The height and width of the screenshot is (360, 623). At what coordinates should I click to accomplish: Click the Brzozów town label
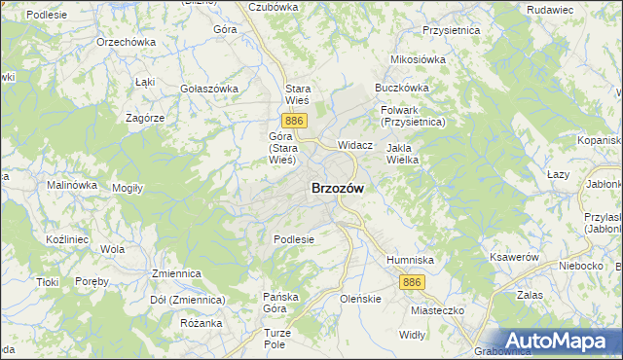(x=338, y=190)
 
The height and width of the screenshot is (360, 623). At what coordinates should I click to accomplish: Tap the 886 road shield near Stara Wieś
(x=297, y=120)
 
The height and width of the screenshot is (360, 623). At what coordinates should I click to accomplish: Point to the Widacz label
(x=355, y=144)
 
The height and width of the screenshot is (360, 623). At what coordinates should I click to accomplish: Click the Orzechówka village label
(x=127, y=43)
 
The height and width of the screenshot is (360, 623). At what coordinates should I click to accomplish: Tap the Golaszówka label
(x=209, y=89)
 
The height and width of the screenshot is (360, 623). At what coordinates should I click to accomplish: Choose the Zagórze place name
(x=145, y=117)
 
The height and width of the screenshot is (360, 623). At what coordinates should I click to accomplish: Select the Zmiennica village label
(x=176, y=274)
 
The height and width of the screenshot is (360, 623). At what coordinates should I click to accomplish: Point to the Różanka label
(x=202, y=323)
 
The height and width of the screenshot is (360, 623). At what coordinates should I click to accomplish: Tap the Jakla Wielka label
(x=402, y=155)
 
